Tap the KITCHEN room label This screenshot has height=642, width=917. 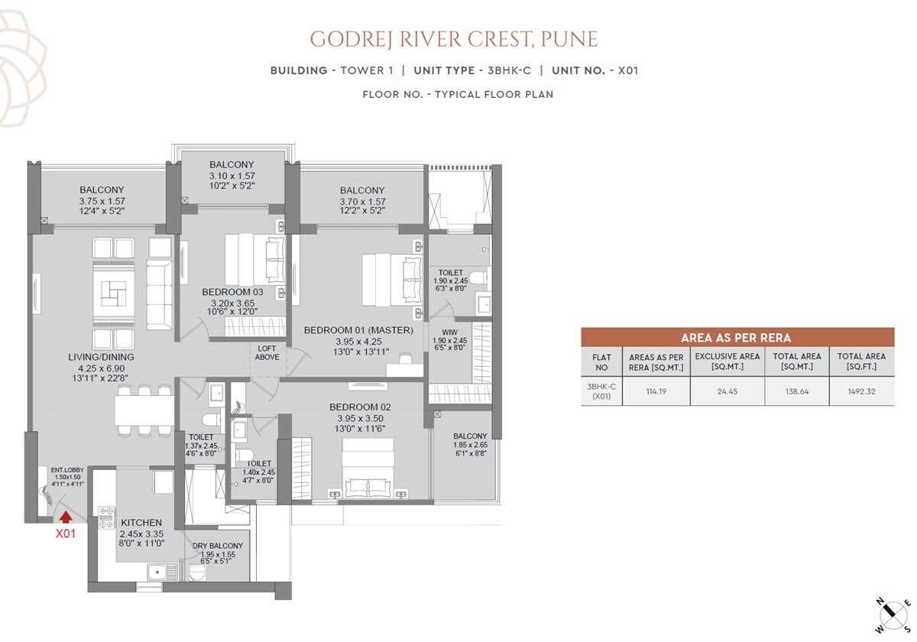click(141, 523)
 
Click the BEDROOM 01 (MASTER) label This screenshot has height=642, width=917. click(358, 330)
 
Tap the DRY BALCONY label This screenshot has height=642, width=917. click(217, 546)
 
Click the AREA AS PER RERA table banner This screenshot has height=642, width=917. click(737, 337)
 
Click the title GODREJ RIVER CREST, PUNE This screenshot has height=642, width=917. click(453, 39)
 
